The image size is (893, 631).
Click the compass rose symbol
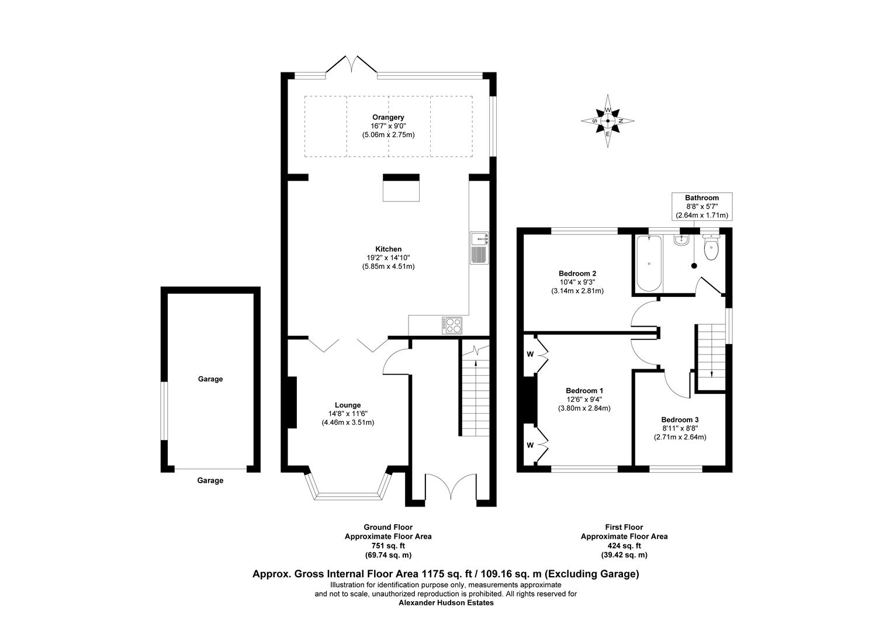[x=608, y=121]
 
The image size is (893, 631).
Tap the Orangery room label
[x=387, y=117]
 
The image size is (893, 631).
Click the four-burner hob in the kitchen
[x=452, y=325]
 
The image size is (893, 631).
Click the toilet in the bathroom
[x=711, y=248]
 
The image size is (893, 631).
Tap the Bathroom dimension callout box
[x=702, y=207]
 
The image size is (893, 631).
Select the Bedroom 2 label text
[x=577, y=273]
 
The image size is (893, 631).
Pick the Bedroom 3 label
[x=680, y=419]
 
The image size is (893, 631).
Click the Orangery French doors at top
[x=352, y=65]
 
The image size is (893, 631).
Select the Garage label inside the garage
[x=210, y=379]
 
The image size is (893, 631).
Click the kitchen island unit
[x=401, y=188]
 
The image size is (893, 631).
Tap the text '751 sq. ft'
[x=387, y=546]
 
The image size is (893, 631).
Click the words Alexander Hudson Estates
[x=446, y=603]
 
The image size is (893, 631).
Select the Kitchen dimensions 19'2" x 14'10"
[x=388, y=258]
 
